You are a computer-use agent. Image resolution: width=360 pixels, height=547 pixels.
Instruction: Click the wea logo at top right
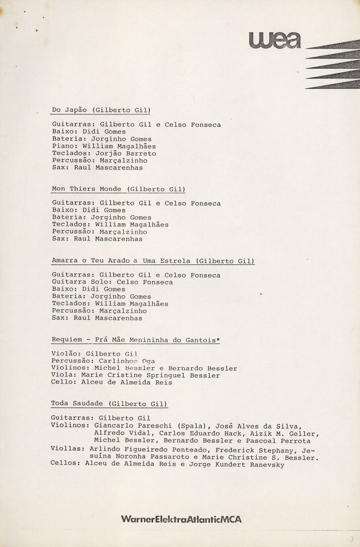click(274, 40)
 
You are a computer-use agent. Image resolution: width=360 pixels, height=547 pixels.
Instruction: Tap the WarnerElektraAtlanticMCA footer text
click(181, 519)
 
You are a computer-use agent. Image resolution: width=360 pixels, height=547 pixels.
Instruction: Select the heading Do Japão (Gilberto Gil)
click(101, 110)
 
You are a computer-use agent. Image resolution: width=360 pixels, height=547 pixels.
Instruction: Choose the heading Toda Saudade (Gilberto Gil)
click(109, 404)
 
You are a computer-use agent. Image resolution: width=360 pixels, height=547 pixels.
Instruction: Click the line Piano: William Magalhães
click(104, 146)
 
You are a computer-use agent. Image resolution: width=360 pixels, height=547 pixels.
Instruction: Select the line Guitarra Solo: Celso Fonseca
click(112, 282)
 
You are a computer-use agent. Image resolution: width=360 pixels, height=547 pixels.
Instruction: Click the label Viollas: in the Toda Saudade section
click(67, 449)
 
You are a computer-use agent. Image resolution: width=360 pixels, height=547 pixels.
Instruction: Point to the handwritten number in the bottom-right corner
click(351, 539)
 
